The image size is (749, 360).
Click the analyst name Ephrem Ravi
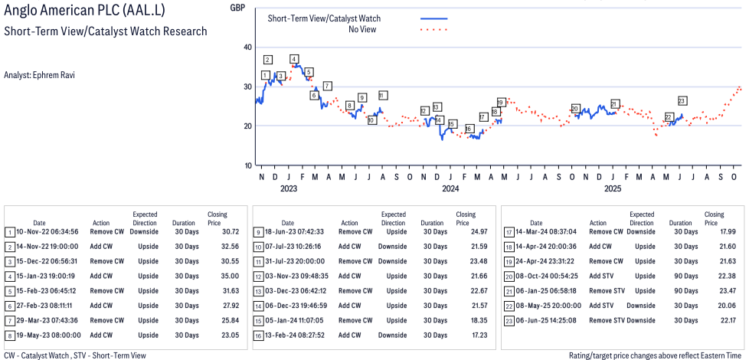39,75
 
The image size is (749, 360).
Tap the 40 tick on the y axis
247,47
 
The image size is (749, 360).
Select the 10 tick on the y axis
247,165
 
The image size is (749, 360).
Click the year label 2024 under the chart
450,188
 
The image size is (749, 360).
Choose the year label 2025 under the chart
613,188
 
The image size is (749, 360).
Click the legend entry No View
362,29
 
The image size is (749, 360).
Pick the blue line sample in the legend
433,18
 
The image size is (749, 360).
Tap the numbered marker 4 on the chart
294,59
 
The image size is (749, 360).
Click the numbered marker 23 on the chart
682,100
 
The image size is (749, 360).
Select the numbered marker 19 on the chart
500,102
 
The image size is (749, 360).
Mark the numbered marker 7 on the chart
327,86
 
